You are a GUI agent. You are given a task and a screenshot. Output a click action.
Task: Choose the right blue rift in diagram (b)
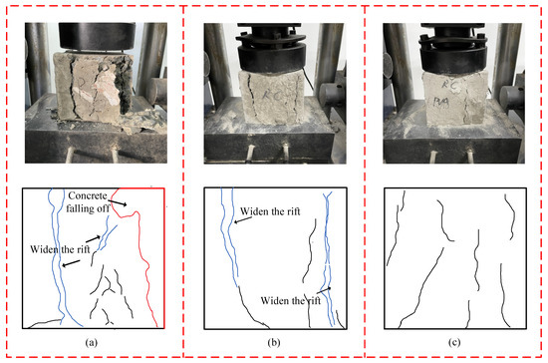(x=328, y=259)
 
